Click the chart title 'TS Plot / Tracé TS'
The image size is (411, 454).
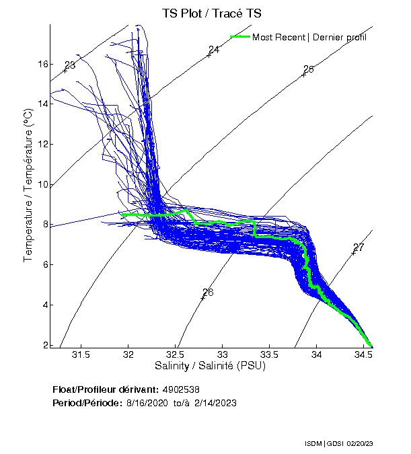pyautogui.click(x=212, y=13)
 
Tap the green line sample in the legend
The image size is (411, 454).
pyautogui.click(x=240, y=37)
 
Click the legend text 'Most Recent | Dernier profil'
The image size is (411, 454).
pyautogui.click(x=309, y=37)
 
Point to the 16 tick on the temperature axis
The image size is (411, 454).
pyautogui.click(x=43, y=64)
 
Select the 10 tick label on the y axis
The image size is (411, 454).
pyautogui.click(x=43, y=184)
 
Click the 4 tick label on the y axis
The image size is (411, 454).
pyautogui.click(x=45, y=305)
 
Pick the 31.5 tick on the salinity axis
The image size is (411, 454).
pyautogui.click(x=81, y=354)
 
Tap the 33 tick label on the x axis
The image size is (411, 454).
pyautogui.click(x=223, y=354)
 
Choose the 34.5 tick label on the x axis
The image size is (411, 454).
pyautogui.click(x=364, y=354)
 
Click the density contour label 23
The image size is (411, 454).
pyautogui.click(x=70, y=65)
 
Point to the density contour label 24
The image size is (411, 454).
pyautogui.click(x=214, y=50)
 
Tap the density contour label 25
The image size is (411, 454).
pyautogui.click(x=309, y=69)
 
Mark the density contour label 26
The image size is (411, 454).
pyautogui.click(x=208, y=293)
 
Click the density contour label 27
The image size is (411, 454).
pyautogui.click(x=359, y=248)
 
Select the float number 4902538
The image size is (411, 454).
pyautogui.click(x=180, y=389)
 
